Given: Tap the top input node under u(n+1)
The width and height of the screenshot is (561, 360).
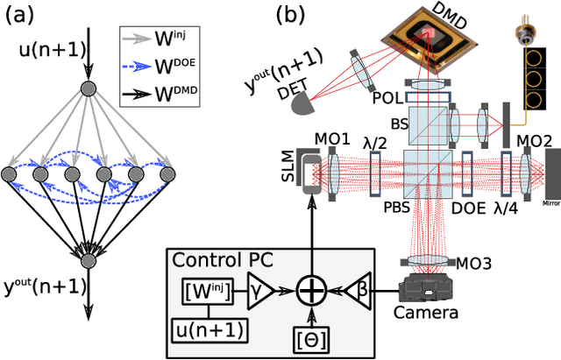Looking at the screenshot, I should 87,88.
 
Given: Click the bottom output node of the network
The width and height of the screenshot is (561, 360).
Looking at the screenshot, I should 87,260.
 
